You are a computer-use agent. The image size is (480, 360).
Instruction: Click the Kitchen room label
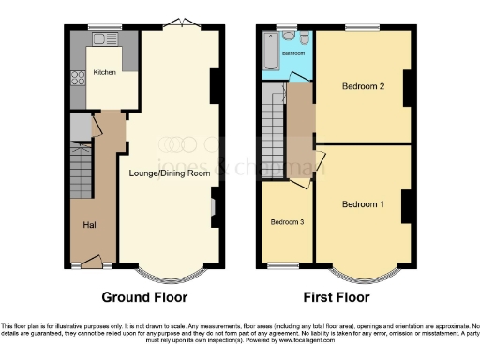(104, 73)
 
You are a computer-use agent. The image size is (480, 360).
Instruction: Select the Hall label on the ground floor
(91, 224)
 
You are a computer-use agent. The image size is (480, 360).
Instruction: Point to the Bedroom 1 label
(362, 204)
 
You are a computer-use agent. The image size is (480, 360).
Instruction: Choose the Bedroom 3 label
(286, 222)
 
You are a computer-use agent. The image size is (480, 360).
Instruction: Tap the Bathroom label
(293, 53)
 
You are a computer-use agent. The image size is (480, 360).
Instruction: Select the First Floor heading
(336, 297)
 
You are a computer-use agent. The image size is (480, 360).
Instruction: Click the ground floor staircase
(82, 174)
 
